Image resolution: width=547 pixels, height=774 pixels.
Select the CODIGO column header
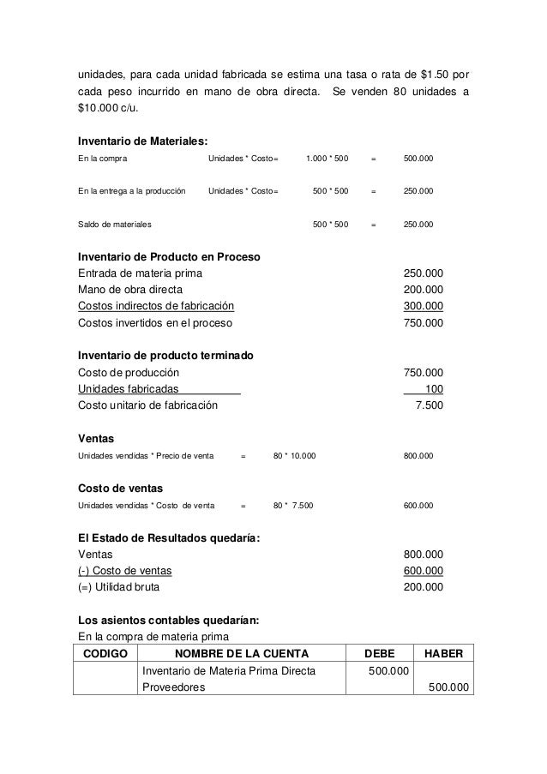pos(106,655)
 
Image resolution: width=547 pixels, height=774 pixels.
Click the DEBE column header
pos(376,655)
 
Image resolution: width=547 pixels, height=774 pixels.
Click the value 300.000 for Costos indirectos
pos(424,306)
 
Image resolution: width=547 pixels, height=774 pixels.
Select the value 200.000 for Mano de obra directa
pos(424,290)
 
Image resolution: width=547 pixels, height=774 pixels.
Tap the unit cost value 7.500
pos(429,405)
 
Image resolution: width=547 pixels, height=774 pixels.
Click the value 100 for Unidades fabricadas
pos(434,388)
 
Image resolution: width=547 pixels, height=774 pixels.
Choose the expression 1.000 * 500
pos(328,159)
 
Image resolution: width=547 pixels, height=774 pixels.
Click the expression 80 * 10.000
pos(294,455)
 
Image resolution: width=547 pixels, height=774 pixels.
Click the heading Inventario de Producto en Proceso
pos(169,257)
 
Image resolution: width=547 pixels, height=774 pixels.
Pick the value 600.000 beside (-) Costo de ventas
pos(424,571)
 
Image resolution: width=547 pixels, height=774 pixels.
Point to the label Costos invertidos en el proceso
pos(154,323)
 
